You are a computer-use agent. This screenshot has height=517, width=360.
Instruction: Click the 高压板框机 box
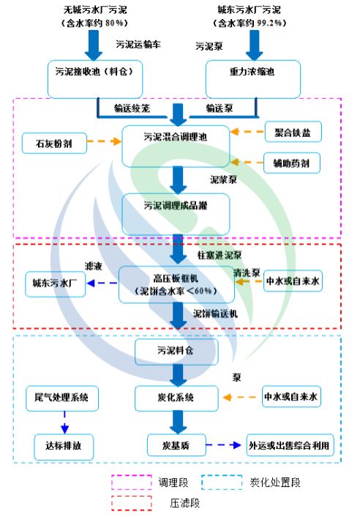pyautogui.click(x=176, y=285)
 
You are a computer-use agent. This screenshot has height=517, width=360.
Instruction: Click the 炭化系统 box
pyautogui.click(x=176, y=397)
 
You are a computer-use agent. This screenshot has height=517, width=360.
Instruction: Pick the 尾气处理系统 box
pyautogui.click(x=61, y=398)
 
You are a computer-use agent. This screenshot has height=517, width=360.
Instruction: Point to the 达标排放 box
pyautogui.click(x=61, y=443)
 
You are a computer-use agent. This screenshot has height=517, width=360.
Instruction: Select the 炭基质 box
pyautogui.click(x=176, y=444)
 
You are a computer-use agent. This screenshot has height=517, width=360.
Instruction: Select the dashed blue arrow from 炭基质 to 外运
pyautogui.click(x=225, y=444)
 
